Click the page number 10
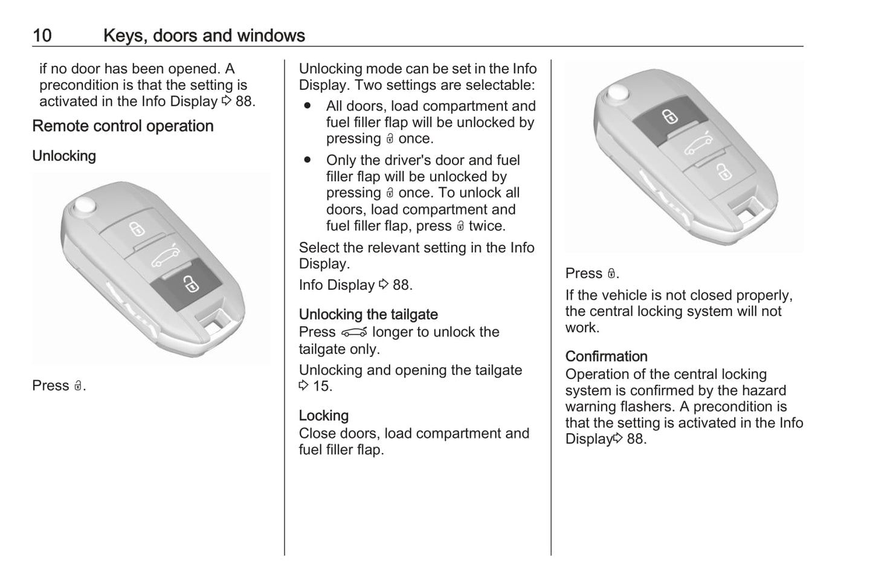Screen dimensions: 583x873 coord(42,36)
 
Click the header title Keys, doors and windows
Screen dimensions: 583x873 coord(204,36)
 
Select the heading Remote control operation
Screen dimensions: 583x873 coord(123,126)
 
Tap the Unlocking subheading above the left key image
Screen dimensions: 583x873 coord(64,156)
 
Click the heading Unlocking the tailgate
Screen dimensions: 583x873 coord(368,315)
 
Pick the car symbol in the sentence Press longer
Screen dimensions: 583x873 coord(354,333)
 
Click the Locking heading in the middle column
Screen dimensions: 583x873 coord(323,416)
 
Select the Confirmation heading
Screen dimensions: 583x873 coord(606,356)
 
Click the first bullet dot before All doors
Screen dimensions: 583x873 coord(308,106)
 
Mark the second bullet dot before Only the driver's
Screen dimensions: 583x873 coord(308,160)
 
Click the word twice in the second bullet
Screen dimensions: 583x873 coord(486,226)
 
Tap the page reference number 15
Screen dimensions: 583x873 coord(321,386)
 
